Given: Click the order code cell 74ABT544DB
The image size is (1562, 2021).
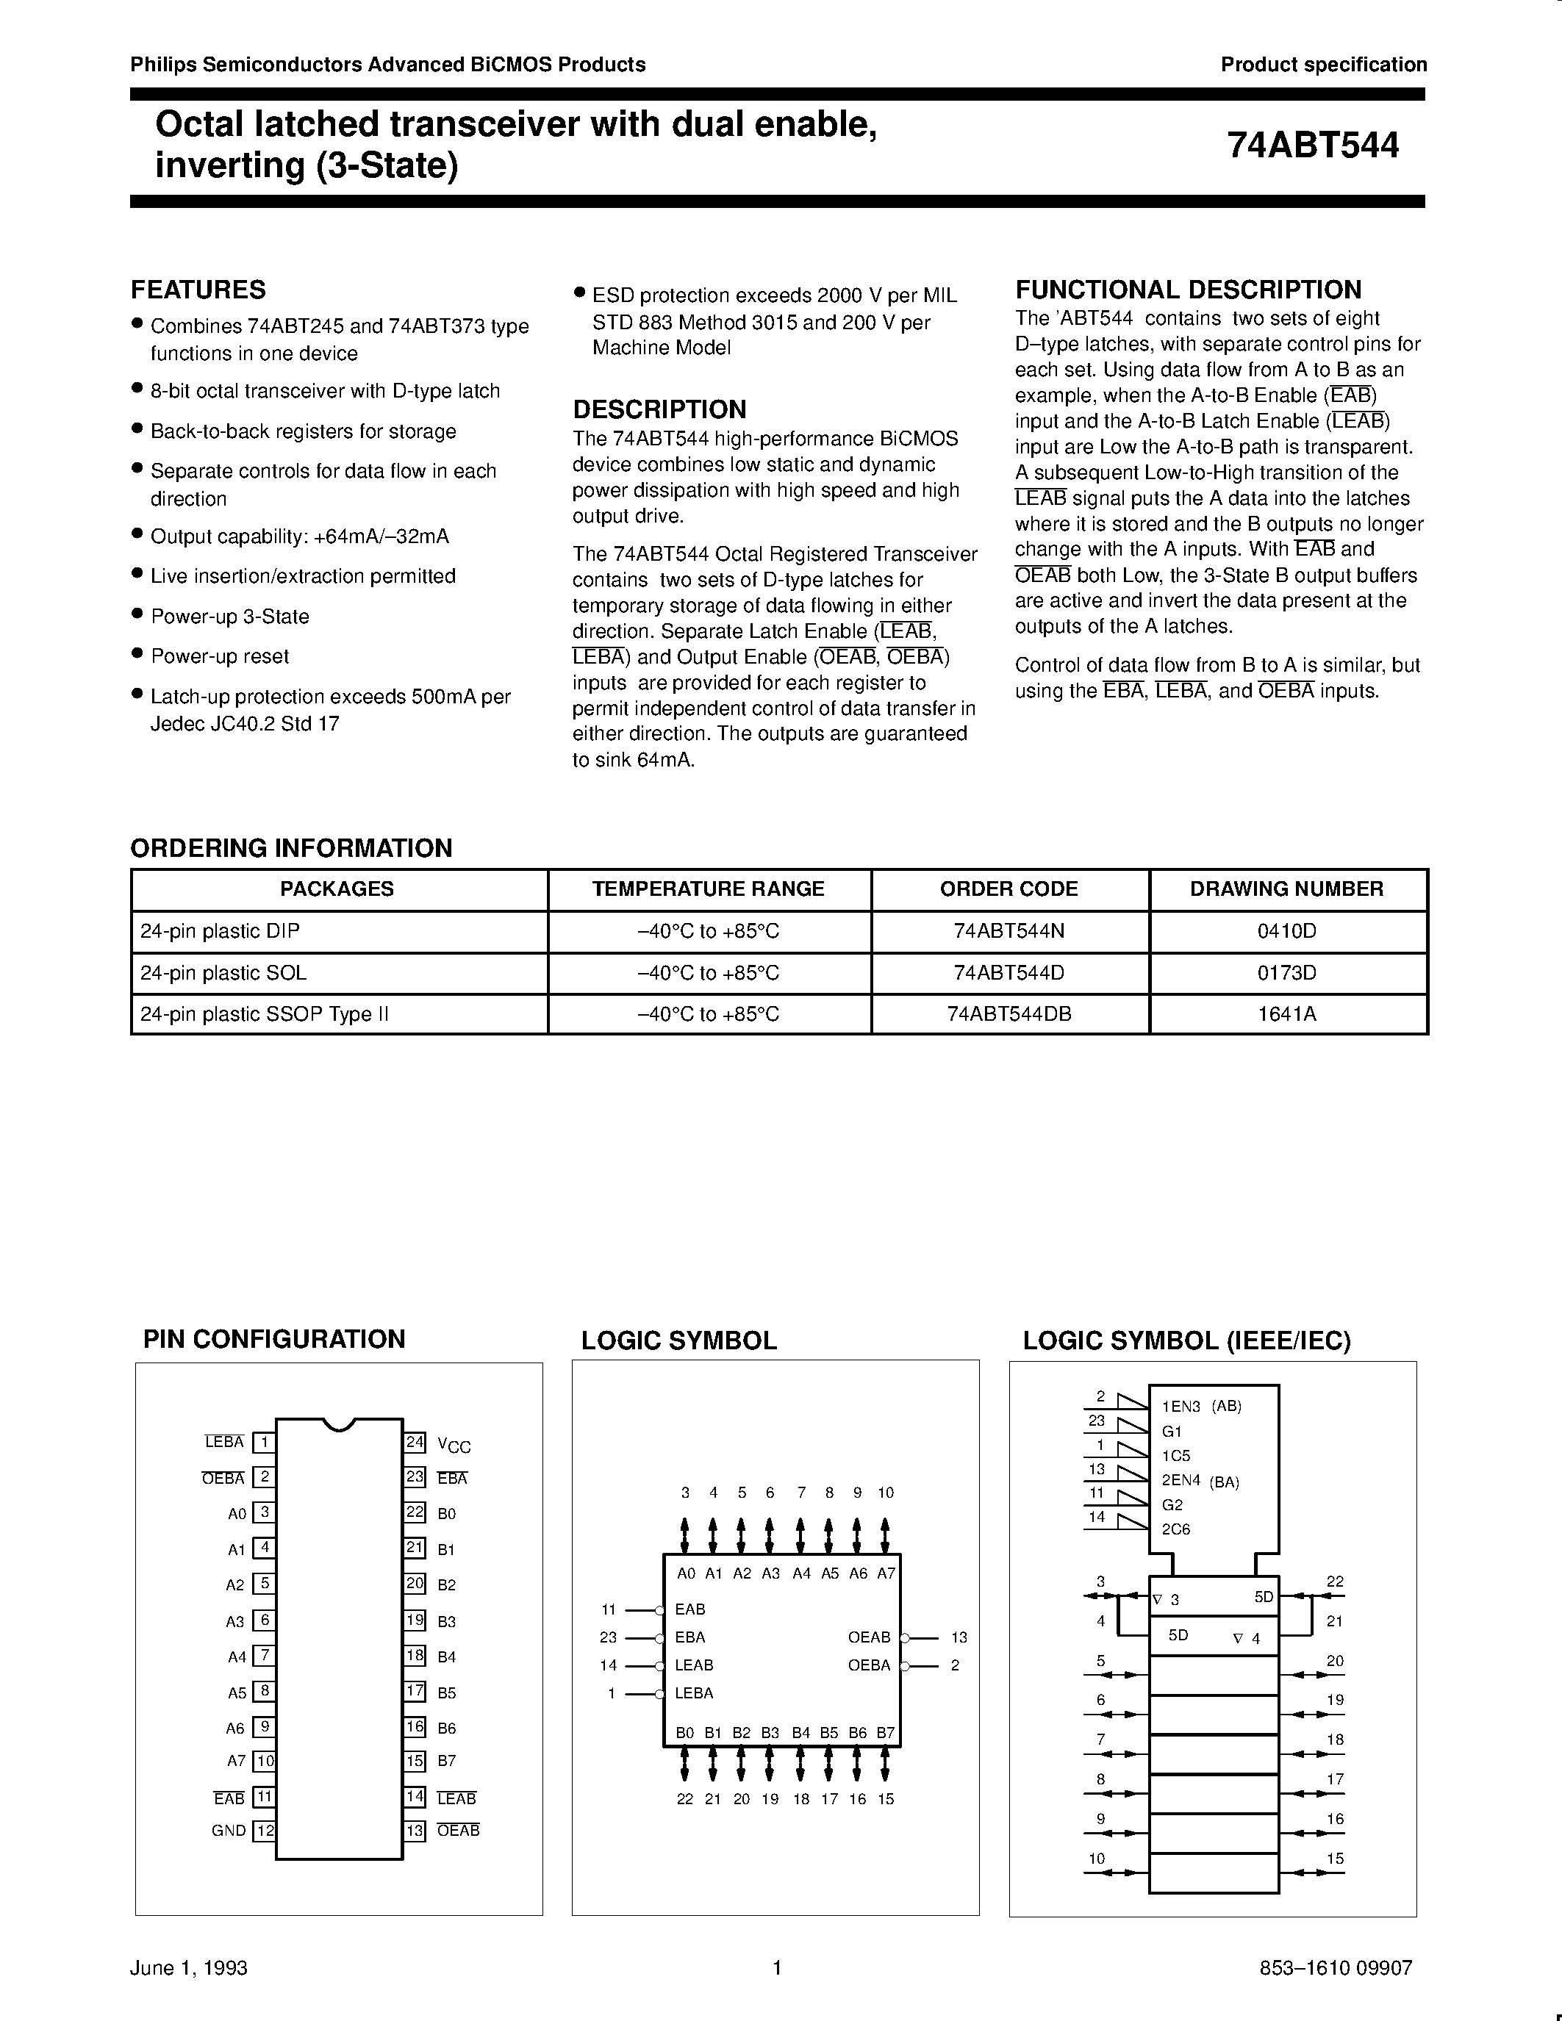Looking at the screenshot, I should click(1009, 1014).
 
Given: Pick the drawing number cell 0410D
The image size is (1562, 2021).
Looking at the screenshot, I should click(1286, 931).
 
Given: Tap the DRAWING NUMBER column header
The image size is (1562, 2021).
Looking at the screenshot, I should click(1286, 889).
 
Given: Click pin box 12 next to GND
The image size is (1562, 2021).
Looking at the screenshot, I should click(265, 1831).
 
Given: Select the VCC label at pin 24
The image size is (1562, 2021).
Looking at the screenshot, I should click(454, 1445).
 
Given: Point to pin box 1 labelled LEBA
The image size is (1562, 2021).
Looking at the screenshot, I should click(265, 1442).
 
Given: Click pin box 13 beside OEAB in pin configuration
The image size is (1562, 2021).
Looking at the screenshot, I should click(415, 1831).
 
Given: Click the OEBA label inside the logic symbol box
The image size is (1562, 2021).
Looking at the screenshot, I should click(869, 1665).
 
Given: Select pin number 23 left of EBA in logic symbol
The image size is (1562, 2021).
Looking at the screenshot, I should click(608, 1637).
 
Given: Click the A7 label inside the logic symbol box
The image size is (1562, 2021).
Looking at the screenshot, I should click(886, 1573).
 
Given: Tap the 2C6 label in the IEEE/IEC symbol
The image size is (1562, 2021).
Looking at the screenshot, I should click(1175, 1529).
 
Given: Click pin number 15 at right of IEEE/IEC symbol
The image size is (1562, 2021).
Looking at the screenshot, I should click(1334, 1858).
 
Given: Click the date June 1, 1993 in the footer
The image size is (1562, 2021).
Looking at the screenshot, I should click(189, 1967).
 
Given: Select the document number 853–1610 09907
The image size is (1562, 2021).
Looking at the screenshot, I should click(1336, 1967).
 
